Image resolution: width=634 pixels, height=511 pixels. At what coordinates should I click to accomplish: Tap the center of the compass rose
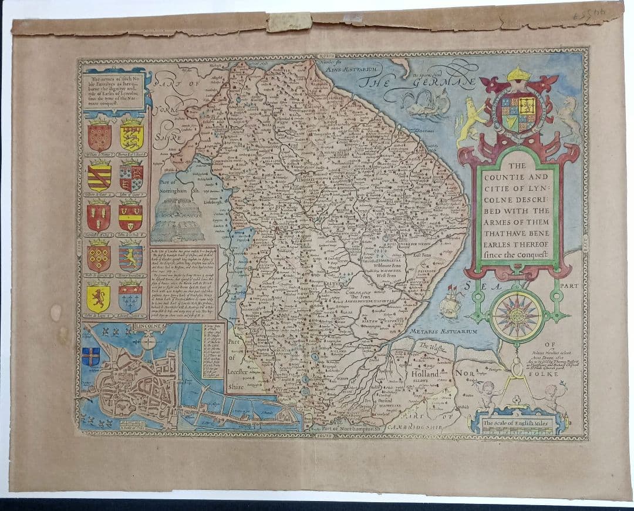[x=517, y=316]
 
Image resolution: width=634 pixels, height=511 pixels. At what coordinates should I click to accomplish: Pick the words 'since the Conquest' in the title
[x=517, y=255]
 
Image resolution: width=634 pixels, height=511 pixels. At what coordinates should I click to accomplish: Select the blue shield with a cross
[x=90, y=357]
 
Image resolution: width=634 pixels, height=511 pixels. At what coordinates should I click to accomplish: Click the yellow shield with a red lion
[x=99, y=297]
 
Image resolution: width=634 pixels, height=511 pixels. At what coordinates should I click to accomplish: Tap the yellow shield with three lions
[x=131, y=136]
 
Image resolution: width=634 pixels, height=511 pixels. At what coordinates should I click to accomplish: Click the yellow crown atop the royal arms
[x=518, y=75]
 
